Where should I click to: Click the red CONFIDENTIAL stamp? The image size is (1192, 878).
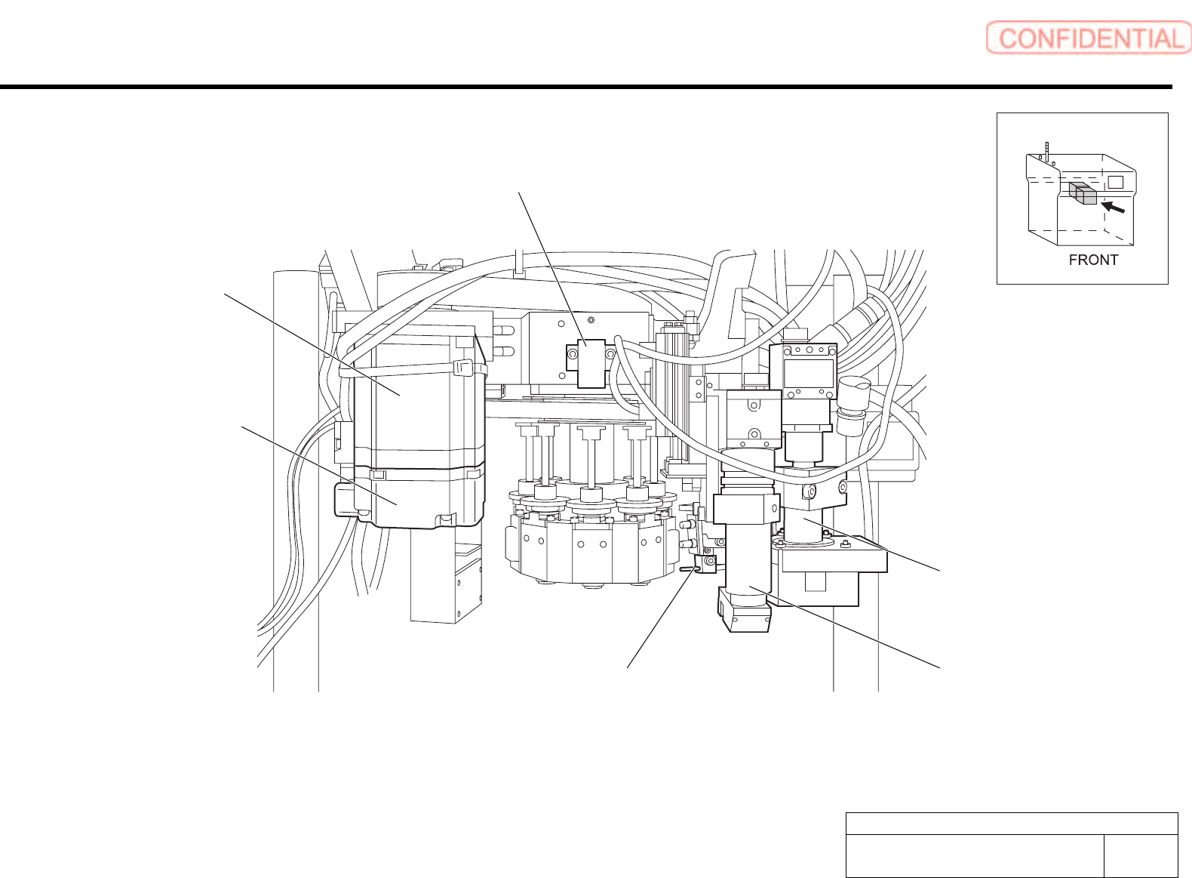[1088, 38]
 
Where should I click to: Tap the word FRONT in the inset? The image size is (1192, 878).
[1093, 260]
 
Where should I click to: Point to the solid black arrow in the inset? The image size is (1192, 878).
[1114, 207]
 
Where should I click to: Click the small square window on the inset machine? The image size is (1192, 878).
[1115, 181]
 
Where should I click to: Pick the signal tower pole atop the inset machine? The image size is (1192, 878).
[1046, 152]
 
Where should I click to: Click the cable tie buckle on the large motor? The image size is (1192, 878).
[464, 368]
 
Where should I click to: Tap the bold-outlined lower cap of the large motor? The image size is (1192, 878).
[419, 498]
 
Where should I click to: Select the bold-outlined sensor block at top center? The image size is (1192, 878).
[591, 364]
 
